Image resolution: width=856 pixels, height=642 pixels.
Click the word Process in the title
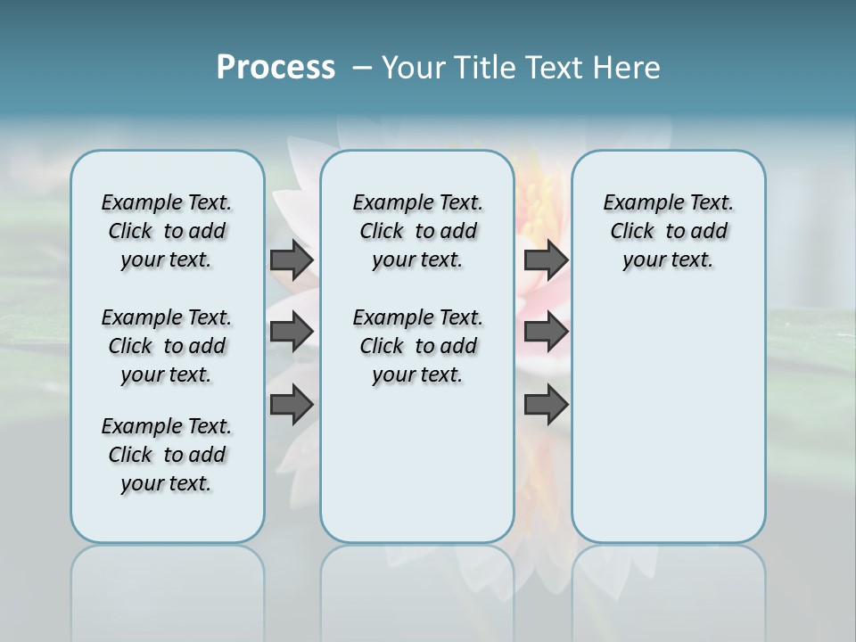click(276, 67)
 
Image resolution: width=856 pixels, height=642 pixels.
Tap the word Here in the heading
click(628, 68)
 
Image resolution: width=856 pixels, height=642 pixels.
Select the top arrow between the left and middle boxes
click(292, 259)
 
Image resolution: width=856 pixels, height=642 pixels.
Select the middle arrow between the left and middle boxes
click(292, 332)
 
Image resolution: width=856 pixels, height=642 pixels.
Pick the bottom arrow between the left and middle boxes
click(292, 405)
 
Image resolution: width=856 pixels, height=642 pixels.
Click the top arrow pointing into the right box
click(546, 259)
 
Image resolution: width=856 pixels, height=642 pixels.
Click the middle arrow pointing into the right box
click(546, 332)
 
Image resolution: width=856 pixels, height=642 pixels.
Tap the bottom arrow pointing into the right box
click(546, 405)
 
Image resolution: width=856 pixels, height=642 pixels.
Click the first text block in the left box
click(167, 231)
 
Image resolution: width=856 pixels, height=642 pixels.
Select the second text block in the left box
click(167, 346)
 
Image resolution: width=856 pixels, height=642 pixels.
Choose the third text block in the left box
click(167, 455)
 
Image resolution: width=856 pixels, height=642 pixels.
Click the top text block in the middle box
click(417, 231)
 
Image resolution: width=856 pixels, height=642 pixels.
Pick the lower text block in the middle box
click(417, 346)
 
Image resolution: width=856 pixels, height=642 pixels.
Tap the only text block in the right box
click(668, 231)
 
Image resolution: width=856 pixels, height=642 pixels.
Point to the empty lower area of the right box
click(668, 419)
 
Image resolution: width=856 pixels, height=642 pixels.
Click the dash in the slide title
click(362, 68)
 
